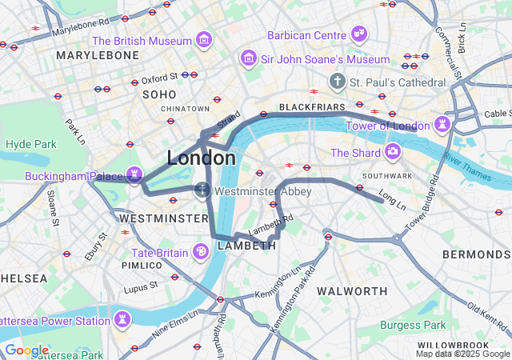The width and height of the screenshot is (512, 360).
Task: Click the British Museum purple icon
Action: [203, 40]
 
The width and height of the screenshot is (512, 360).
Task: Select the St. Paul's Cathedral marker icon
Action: [338, 82]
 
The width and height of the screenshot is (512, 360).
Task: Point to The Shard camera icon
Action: [392, 151]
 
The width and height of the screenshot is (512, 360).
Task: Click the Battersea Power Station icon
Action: [122, 320]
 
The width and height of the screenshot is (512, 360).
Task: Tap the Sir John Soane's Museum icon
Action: [248, 59]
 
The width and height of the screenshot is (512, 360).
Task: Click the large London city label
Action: [201, 158]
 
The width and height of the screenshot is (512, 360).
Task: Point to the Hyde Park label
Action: [30, 144]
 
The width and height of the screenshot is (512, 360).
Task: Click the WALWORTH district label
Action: [352, 290]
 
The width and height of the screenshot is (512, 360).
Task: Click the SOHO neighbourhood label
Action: [158, 94]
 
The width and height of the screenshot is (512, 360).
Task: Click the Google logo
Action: [26, 350]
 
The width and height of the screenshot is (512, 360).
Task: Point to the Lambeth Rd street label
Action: [272, 223]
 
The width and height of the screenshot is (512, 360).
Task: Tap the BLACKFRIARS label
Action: [311, 106]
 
